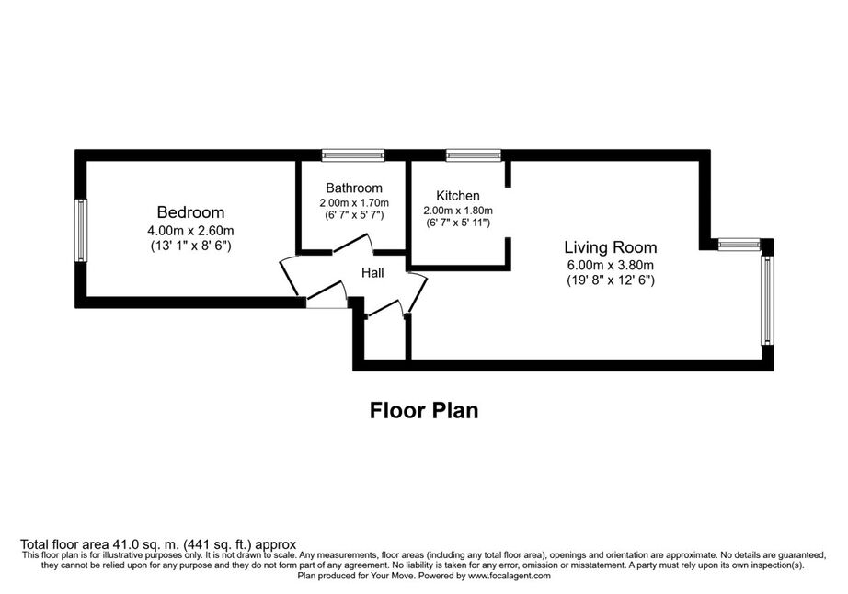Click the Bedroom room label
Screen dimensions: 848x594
190,212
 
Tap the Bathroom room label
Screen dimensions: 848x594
354,188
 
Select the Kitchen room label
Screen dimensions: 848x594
457,196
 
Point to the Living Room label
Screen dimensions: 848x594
611,247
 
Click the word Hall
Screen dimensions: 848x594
372,273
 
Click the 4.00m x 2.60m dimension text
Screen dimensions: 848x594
190,231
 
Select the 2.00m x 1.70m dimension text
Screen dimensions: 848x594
354,203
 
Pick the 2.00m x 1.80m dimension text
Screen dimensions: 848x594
457,211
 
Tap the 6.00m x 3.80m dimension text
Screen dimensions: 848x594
611,266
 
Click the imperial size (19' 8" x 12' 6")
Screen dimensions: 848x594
611,280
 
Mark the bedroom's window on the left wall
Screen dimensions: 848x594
81,230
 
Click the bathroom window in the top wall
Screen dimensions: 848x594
353,155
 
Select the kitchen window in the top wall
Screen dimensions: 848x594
474,155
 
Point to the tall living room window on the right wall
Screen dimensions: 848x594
767,301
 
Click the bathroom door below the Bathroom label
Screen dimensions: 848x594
351,244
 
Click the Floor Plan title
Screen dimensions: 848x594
424,410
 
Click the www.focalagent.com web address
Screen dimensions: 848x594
510,577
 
